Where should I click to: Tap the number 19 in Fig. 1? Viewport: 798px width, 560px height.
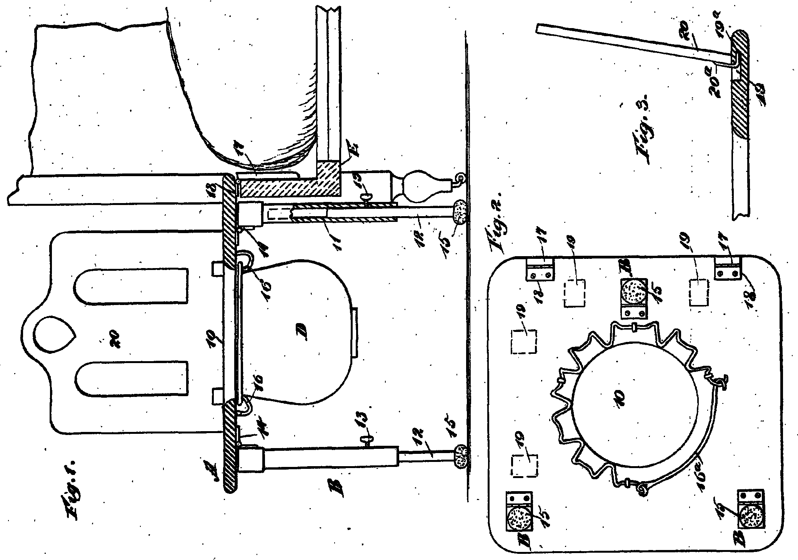[216, 340]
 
